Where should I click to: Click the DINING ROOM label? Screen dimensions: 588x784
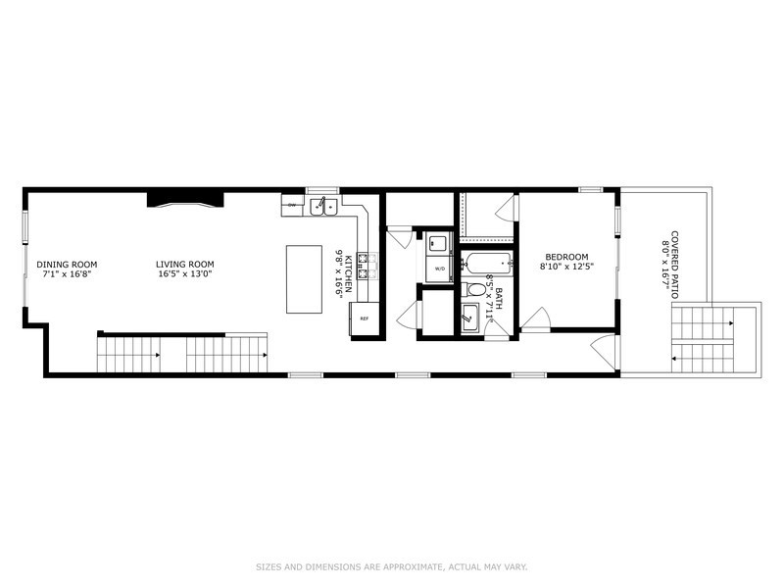tap(67, 264)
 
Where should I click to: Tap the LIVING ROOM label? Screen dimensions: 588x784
tap(184, 264)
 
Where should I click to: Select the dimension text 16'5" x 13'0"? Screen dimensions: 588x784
tap(184, 275)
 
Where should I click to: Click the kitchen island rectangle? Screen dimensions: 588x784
tap(304, 279)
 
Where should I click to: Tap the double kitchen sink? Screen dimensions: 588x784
tap(324, 206)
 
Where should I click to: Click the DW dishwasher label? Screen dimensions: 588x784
tap(292, 206)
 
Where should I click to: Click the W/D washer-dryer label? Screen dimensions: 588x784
tap(440, 267)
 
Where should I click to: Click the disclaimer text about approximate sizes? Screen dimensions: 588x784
tap(392, 565)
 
